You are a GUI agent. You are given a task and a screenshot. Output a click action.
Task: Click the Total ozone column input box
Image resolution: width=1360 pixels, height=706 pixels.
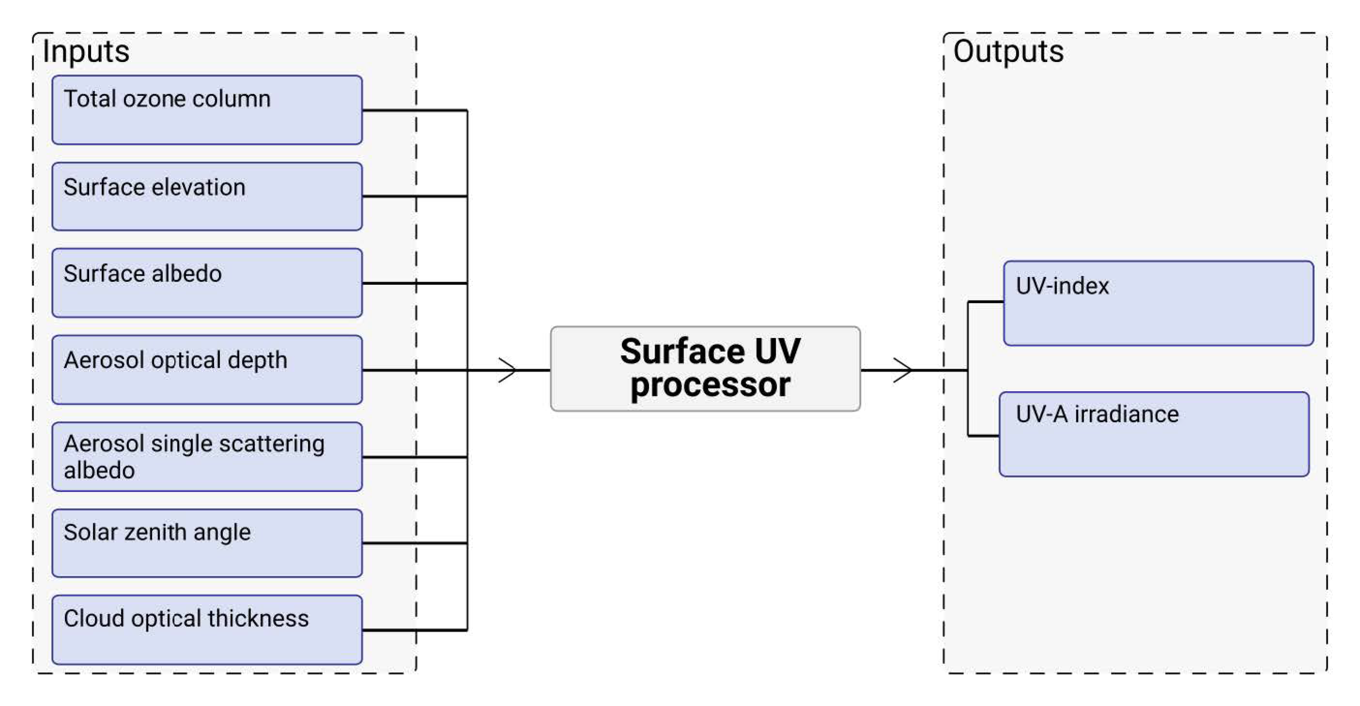[x=207, y=110]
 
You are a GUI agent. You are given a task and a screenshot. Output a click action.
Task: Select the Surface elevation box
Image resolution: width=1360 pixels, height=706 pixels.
[x=207, y=197]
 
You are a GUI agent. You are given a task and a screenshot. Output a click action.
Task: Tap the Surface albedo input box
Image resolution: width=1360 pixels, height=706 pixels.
[x=207, y=283]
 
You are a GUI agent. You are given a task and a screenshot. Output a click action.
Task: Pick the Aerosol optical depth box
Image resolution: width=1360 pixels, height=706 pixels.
[x=207, y=370]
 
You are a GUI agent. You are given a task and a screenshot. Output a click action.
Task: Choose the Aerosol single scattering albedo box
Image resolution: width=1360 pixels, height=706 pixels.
[x=207, y=457]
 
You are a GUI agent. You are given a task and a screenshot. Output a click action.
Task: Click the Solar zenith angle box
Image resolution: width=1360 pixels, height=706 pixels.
[x=207, y=543]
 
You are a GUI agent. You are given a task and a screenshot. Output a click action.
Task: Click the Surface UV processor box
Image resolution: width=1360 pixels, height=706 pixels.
[x=705, y=369]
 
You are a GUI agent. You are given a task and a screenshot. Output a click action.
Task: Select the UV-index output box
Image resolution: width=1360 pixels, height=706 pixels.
[x=1158, y=303]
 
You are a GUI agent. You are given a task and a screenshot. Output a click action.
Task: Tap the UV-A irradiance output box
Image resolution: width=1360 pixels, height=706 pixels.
[x=1154, y=434]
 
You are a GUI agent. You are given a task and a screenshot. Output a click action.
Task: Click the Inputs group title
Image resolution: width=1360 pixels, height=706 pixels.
[x=86, y=52]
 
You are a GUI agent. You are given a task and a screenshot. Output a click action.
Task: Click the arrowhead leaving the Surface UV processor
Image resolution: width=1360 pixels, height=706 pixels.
[x=903, y=370]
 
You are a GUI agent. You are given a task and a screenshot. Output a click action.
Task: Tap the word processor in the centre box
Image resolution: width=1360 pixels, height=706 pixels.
[x=710, y=384]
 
